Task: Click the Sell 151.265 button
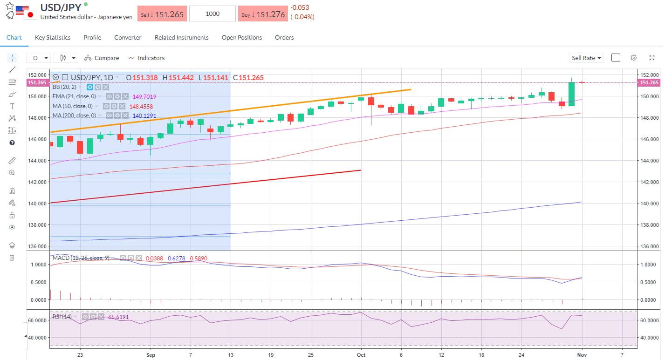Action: (x=162, y=14)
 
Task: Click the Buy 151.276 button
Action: (x=263, y=14)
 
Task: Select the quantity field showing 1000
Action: (x=213, y=14)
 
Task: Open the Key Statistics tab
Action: (x=53, y=37)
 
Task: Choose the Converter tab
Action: (x=128, y=37)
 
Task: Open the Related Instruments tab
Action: (x=181, y=37)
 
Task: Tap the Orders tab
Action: (x=284, y=37)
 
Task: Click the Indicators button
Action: (x=146, y=58)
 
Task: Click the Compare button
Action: (x=102, y=58)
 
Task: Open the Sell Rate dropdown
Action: (x=586, y=58)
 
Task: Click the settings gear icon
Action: (x=634, y=58)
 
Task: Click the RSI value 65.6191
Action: (x=118, y=317)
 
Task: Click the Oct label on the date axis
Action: (x=361, y=353)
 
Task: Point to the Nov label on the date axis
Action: (x=583, y=353)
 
